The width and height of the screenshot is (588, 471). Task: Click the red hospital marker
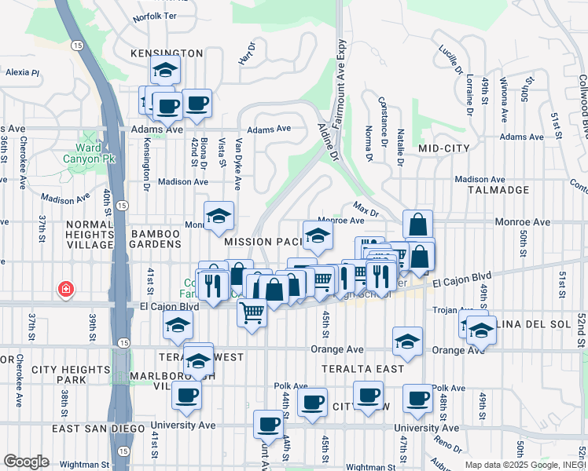[x=65, y=290]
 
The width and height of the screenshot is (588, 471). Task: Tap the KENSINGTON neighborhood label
[x=167, y=53]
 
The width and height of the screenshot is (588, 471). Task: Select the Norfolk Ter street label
[x=156, y=16]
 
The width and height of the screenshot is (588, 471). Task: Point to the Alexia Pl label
[x=22, y=72]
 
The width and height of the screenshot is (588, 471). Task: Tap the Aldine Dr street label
[x=328, y=142]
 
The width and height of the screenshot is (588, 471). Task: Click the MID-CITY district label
[x=443, y=148]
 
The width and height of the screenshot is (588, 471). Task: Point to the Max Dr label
[x=366, y=210]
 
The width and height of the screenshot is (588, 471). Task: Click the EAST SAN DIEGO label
[x=90, y=429]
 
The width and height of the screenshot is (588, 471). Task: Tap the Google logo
[x=26, y=461]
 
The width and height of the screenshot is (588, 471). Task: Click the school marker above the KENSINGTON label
[x=166, y=71]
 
